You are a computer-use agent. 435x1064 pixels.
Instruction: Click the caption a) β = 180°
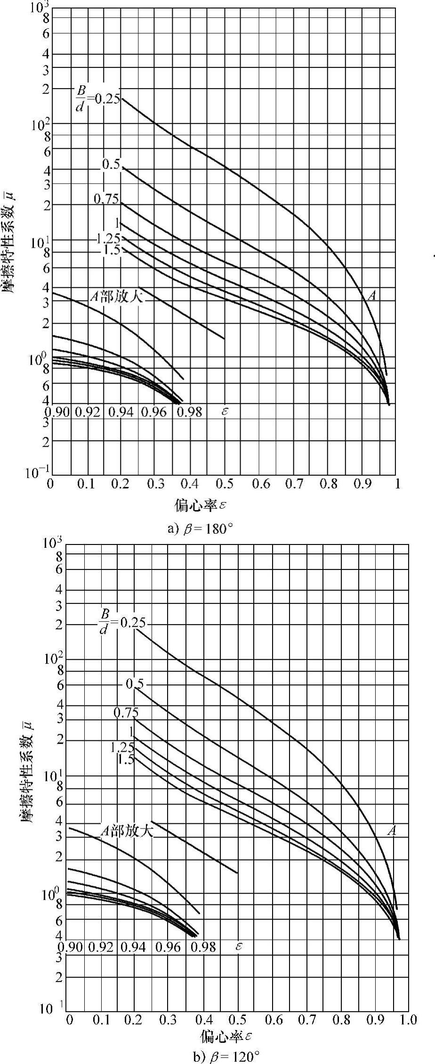tap(200, 528)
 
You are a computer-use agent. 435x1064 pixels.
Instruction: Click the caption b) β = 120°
tap(226, 1057)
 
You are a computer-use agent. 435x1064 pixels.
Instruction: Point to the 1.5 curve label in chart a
tap(111, 250)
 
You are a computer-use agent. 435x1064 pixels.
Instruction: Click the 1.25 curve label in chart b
tap(122, 747)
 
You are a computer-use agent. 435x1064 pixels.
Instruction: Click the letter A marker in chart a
tap(372, 296)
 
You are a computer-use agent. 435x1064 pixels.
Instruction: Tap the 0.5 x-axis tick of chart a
tap(225, 484)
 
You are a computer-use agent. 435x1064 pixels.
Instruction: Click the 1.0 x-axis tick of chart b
tap(408, 1020)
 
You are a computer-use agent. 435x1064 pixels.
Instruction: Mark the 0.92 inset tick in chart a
tap(88, 412)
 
